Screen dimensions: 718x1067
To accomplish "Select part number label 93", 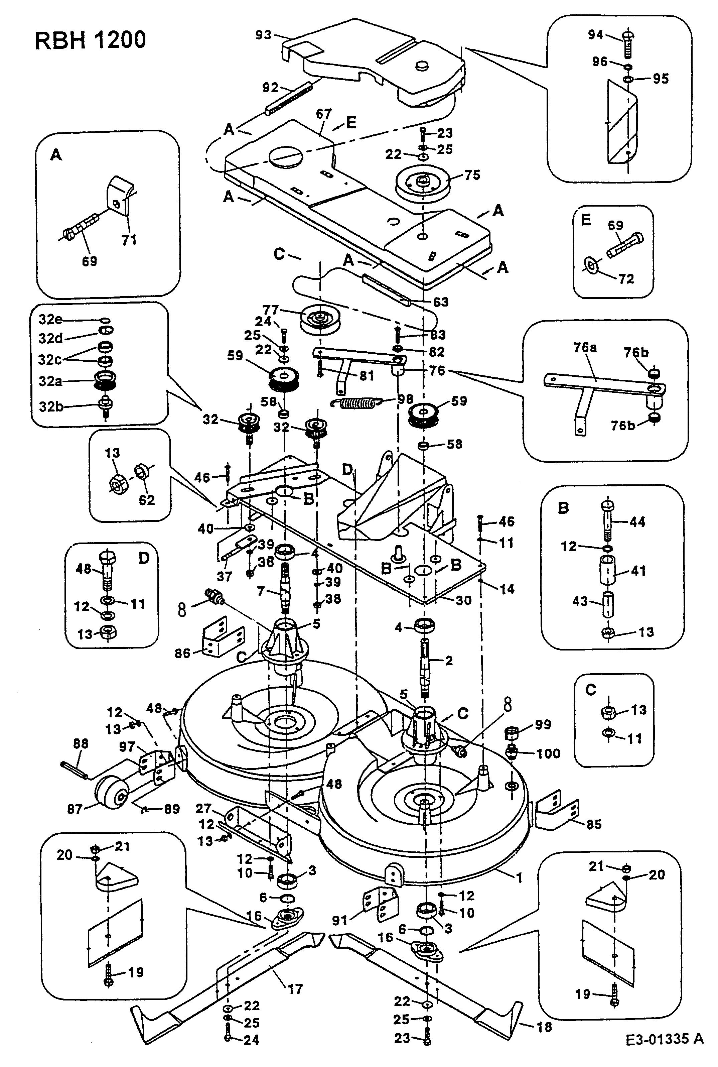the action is (x=264, y=35).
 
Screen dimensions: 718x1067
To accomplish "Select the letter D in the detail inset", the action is (x=144, y=559).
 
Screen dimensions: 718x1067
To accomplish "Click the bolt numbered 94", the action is (x=628, y=45).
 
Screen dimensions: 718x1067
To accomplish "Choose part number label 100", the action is (x=548, y=753).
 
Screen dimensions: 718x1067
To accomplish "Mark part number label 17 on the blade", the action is (x=295, y=989).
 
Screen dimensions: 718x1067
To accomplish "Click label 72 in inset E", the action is (x=626, y=278).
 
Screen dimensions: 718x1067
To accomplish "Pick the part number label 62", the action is (x=147, y=500).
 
